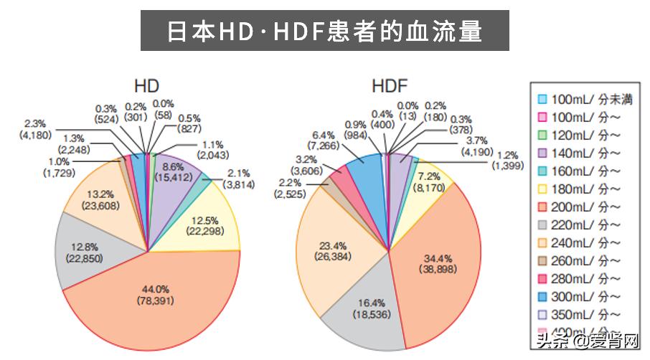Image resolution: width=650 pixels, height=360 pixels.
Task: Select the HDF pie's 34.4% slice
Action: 438,262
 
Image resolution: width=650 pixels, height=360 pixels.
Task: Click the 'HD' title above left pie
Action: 146,85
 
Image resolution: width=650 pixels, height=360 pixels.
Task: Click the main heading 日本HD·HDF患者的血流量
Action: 324,31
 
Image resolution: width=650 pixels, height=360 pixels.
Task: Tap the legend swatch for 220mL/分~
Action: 543,224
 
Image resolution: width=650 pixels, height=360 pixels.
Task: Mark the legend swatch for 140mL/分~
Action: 543,153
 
